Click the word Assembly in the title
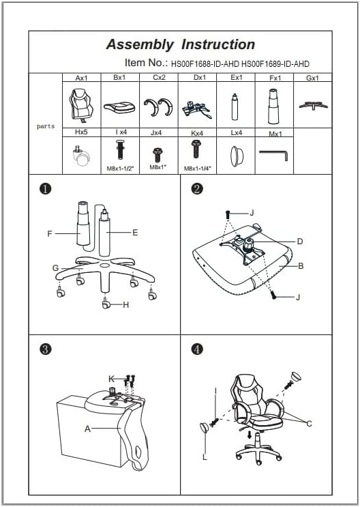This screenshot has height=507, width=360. pyautogui.click(x=140, y=45)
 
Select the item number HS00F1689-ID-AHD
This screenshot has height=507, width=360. pyautogui.click(x=275, y=64)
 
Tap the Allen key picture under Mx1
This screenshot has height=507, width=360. pyautogui.click(x=273, y=155)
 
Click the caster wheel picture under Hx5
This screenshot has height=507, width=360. pyautogui.click(x=82, y=156)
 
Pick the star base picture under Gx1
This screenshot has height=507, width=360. pyautogui.click(x=313, y=105)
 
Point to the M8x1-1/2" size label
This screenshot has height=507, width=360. pyautogui.click(x=120, y=168)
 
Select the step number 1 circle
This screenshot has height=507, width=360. pyautogui.click(x=45, y=189)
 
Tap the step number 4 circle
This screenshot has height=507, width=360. pyautogui.click(x=197, y=349)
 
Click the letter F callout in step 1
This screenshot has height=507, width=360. pyautogui.click(x=50, y=233)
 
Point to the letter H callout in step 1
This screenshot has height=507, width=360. pyautogui.click(x=125, y=304)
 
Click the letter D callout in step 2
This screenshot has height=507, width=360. pyautogui.click(x=300, y=241)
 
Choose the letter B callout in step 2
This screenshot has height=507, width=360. pyautogui.click(x=301, y=266)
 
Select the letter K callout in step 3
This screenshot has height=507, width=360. pyautogui.click(x=112, y=379)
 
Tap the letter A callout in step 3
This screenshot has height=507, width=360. pyautogui.click(x=87, y=429)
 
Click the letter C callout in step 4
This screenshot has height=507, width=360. pyautogui.click(x=310, y=424)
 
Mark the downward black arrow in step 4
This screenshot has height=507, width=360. pyautogui.click(x=249, y=435)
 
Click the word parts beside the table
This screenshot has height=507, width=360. pyautogui.click(x=46, y=126)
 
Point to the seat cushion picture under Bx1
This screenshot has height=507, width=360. pyautogui.click(x=119, y=108)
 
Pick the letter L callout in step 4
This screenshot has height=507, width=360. pyautogui.click(x=205, y=457)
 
